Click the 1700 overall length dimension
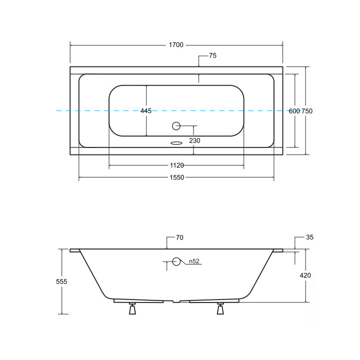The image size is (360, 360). tap(176, 45)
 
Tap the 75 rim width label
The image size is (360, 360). tap(212, 55)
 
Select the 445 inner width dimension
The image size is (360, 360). tap(146, 111)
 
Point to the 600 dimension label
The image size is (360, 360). tap(294, 111)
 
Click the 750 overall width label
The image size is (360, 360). tap(307, 111)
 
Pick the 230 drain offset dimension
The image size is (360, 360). tap(194, 140)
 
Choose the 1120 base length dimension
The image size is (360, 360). tap(177, 165)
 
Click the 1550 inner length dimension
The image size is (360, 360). tap(177, 177)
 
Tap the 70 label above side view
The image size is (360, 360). tap(179, 237)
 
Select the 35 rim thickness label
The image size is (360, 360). tap(309, 237)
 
